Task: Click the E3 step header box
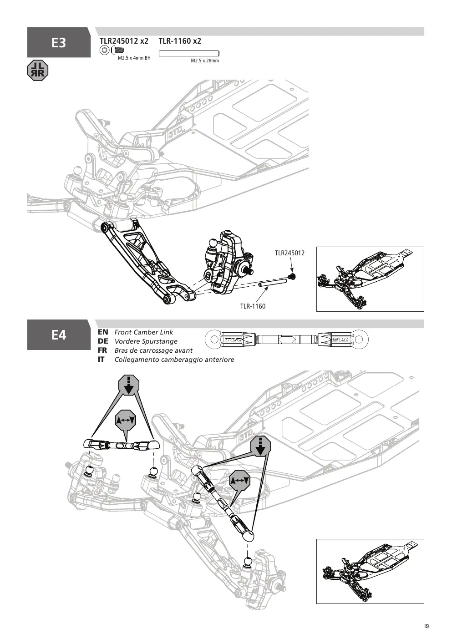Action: [59, 42]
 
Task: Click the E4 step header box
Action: [59, 335]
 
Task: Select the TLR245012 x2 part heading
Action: [124, 41]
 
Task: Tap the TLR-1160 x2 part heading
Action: [180, 41]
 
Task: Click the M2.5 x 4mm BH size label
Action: [134, 58]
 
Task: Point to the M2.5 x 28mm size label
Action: [205, 61]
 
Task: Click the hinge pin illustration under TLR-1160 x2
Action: [189, 53]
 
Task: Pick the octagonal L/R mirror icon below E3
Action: [38, 71]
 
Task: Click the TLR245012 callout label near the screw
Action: [289, 253]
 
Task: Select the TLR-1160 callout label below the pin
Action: [253, 306]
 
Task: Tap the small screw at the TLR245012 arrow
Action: [292, 276]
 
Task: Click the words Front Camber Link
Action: [143, 332]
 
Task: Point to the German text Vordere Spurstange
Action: [146, 341]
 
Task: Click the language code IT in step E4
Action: [101, 360]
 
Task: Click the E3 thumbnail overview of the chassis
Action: [370, 279]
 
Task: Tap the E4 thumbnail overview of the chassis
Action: [370, 571]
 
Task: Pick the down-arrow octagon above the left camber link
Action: [129, 385]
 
